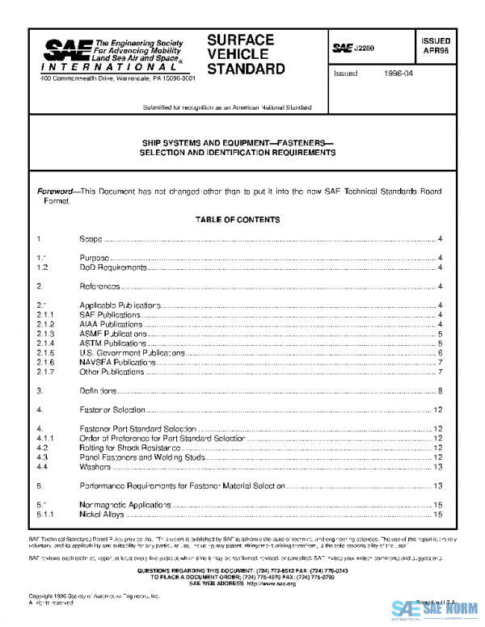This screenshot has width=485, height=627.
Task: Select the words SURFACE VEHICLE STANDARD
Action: pyautogui.click(x=246, y=54)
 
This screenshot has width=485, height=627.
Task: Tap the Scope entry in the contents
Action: pyautogui.click(x=91, y=239)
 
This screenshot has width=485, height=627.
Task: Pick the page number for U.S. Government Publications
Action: pyautogui.click(x=439, y=352)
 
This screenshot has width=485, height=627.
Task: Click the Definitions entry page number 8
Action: pyautogui.click(x=439, y=390)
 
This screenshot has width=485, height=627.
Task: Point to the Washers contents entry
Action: pyautogui.click(x=95, y=466)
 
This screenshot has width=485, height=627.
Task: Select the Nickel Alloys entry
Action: pyautogui.click(x=103, y=513)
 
